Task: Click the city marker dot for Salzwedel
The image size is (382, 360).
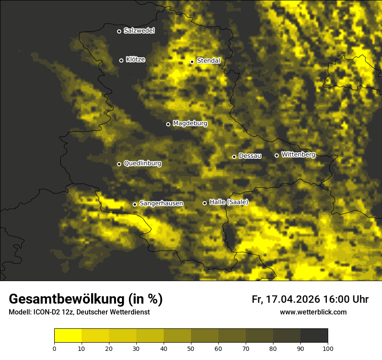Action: (119, 31)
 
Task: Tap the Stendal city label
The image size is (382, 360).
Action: (208, 61)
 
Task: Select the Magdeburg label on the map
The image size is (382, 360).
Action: (190, 124)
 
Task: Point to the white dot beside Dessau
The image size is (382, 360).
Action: (234, 157)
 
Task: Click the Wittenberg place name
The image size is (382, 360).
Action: (298, 154)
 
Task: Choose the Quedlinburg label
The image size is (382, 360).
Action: (142, 164)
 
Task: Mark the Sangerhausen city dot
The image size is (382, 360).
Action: (135, 204)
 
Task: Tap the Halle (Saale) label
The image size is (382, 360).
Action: (229, 202)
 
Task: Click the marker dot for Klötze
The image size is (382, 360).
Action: (121, 60)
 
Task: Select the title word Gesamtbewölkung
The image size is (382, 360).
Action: (67, 299)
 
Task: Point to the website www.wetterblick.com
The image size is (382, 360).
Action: (313, 312)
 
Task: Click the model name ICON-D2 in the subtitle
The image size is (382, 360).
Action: (46, 312)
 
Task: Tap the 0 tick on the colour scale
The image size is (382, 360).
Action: (54, 348)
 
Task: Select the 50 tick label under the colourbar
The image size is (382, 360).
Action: (191, 348)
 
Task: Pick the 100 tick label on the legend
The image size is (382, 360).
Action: (328, 348)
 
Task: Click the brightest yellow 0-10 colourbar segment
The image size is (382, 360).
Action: (68, 336)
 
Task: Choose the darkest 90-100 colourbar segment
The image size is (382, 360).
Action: (314, 336)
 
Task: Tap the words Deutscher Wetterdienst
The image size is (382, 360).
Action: (113, 312)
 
